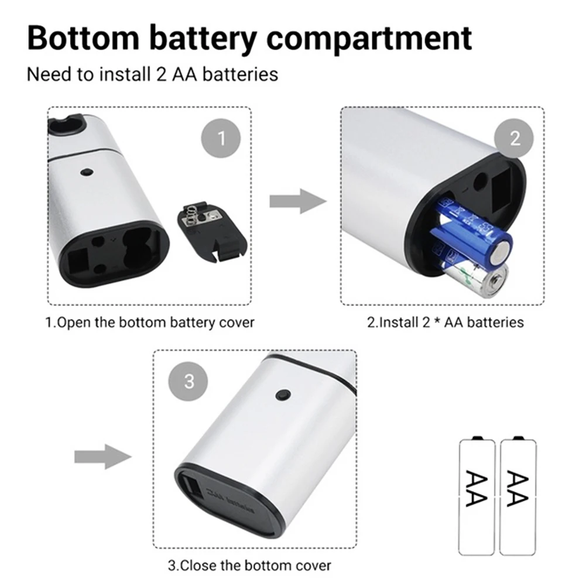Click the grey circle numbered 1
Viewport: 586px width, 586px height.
coord(221,138)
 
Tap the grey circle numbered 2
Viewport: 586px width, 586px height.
coord(515,138)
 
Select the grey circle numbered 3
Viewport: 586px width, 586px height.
coord(189,382)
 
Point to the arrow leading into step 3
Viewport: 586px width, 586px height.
coord(102,456)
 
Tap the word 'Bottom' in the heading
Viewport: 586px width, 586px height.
coord(81,37)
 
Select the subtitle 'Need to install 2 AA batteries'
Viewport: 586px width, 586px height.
coord(153,75)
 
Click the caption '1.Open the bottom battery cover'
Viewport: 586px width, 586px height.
coord(150,322)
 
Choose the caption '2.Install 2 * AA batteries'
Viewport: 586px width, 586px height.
coord(445,322)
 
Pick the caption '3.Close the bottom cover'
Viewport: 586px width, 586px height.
coord(249,566)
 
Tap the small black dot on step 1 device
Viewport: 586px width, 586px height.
coord(88,172)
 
